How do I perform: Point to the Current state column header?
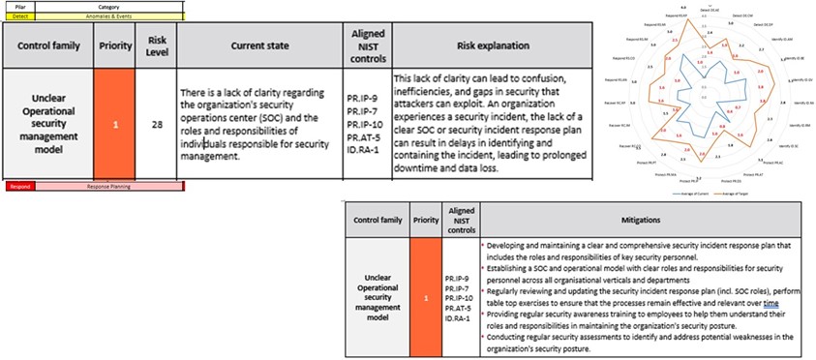click(x=261, y=45)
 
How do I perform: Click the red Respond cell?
click(x=20, y=185)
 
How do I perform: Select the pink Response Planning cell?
click(x=106, y=185)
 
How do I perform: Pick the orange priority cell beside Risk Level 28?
click(x=117, y=125)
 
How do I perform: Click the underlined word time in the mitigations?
click(x=771, y=304)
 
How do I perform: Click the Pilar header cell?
click(x=20, y=6)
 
